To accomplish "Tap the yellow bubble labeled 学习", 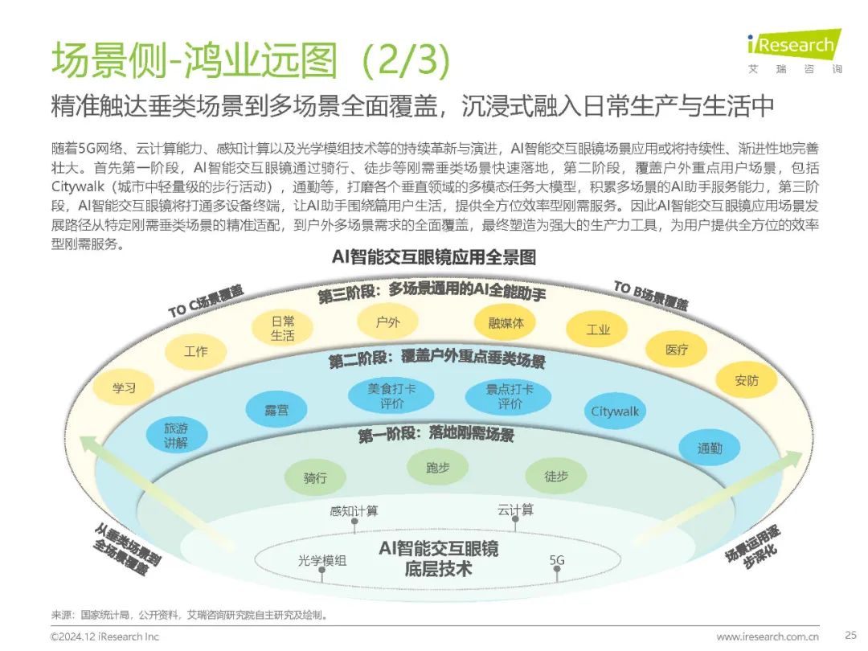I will click(124, 387).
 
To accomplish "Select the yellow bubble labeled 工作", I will click(195, 351).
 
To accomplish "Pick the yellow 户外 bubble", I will click(387, 322).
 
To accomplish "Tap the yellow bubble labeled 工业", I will click(598, 330).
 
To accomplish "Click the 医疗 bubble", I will click(677, 350).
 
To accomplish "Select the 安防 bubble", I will click(746, 380).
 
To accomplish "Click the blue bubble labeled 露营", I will click(276, 409).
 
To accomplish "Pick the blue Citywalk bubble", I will click(615, 411).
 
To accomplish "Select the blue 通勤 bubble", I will click(710, 448).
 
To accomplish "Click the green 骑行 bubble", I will click(315, 477).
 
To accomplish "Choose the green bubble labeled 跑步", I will click(438, 467).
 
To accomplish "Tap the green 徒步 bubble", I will click(556, 476).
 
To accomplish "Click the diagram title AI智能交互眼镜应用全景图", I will click(434, 257).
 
